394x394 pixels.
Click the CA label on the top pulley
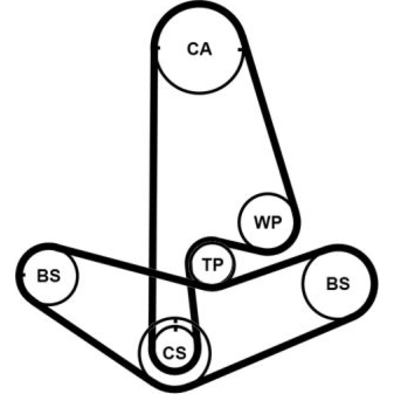(x=199, y=49)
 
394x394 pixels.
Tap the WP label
(x=268, y=222)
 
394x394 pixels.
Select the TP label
(x=213, y=265)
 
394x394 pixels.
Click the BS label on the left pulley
(x=48, y=275)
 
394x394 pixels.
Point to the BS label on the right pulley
(x=338, y=284)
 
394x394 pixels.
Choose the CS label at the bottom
(x=174, y=352)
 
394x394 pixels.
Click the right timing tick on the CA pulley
(x=240, y=50)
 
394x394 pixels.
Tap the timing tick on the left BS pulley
(x=24, y=275)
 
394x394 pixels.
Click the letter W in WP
(x=262, y=222)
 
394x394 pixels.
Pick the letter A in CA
(x=206, y=49)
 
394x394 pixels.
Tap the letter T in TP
(x=207, y=265)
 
